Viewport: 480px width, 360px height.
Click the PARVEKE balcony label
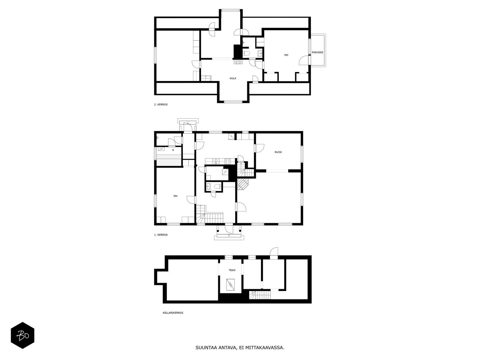[317, 52]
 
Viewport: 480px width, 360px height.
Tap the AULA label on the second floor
[233, 78]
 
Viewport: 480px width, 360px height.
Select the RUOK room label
[278, 152]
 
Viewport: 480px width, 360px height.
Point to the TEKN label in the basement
[232, 270]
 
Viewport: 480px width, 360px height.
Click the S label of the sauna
[173, 150]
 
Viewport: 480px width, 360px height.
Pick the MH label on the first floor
[175, 196]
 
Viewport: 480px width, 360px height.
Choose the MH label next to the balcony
[286, 55]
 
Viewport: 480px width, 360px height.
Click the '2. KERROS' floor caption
[161, 104]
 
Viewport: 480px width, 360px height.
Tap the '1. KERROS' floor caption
[161, 235]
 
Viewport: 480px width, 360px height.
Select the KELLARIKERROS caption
[173, 313]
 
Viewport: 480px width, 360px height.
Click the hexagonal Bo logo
[22, 335]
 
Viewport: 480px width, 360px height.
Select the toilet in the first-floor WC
[217, 186]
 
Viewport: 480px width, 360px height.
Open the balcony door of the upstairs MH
[304, 60]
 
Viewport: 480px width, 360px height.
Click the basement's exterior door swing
[274, 252]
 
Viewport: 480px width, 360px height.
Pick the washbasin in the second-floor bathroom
[260, 53]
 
